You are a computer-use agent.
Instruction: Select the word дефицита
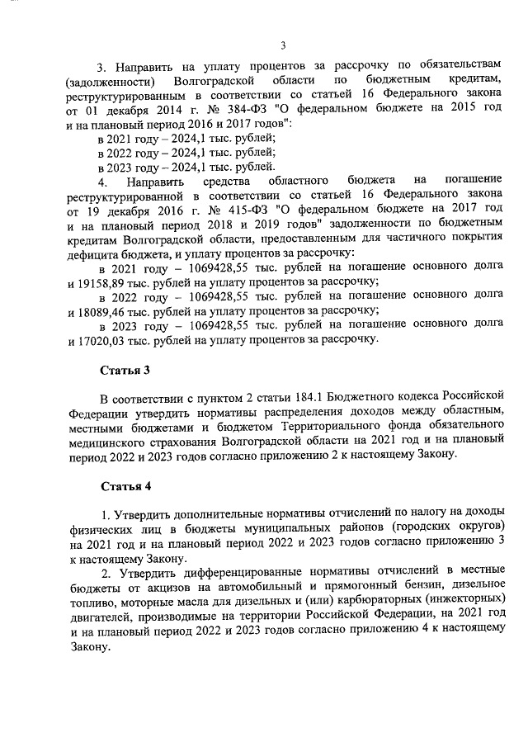(x=92, y=253)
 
